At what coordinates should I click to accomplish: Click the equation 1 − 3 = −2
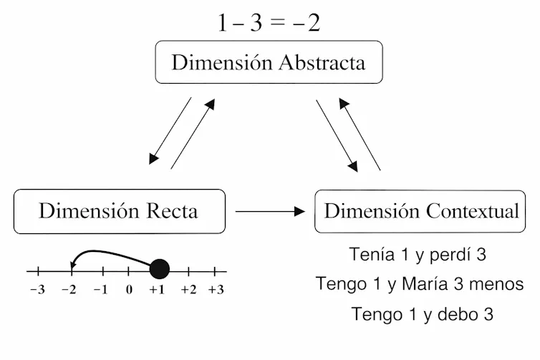tap(269, 23)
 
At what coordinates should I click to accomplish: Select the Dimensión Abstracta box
tap(269, 62)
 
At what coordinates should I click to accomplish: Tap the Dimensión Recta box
tap(119, 211)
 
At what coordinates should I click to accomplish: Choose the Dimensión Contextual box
tap(421, 211)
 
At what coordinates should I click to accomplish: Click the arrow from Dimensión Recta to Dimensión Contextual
tap(270, 211)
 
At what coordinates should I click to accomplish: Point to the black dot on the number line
tap(160, 269)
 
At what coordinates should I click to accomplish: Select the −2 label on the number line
tap(69, 290)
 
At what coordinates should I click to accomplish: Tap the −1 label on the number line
tap(100, 290)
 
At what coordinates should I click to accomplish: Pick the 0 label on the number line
tap(129, 290)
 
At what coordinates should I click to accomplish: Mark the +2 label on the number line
tap(188, 290)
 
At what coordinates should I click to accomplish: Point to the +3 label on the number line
tap(216, 290)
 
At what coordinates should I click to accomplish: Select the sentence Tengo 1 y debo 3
tap(422, 314)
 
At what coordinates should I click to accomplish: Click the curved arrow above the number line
tap(107, 253)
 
